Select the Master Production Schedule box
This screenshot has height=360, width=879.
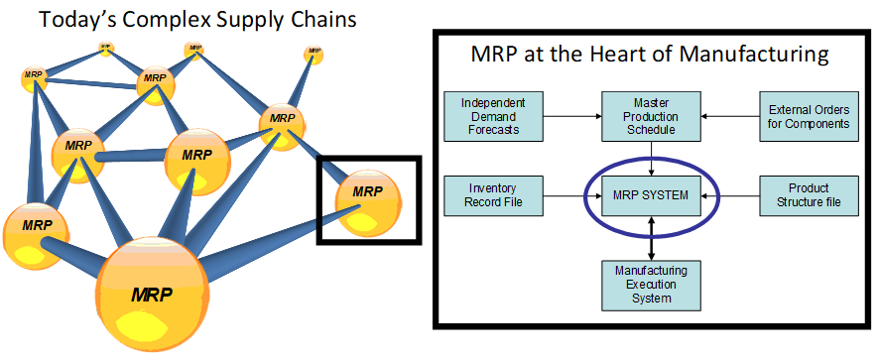point(650,116)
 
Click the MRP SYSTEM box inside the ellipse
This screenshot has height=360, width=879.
point(650,196)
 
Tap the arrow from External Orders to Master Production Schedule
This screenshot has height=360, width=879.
point(729,116)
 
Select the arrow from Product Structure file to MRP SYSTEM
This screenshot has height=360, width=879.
point(729,196)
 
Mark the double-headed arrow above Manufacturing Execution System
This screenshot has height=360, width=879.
point(650,238)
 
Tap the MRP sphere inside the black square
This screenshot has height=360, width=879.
point(368,198)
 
